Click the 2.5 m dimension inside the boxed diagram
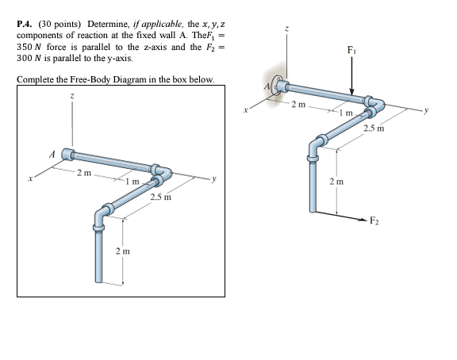pyautogui.click(x=161, y=194)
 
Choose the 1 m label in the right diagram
pyautogui.click(x=344, y=117)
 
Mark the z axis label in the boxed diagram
pyautogui.click(x=74, y=96)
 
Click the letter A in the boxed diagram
pyautogui.click(x=52, y=154)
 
